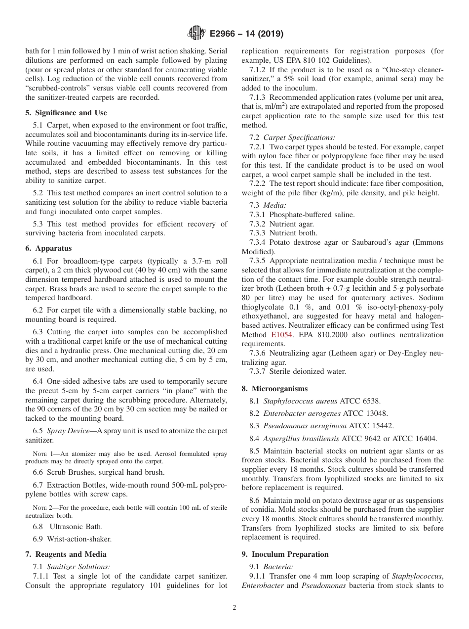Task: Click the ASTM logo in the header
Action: pyautogui.click(x=196, y=34)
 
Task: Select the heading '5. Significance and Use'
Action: pyautogui.click(x=66, y=113)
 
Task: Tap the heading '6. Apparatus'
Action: pyautogui.click(x=48, y=248)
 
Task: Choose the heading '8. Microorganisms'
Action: pyautogui.click(x=274, y=389)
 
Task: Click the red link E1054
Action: pyautogui.click(x=282, y=335)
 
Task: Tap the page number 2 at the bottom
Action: pyautogui.click(x=234, y=608)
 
